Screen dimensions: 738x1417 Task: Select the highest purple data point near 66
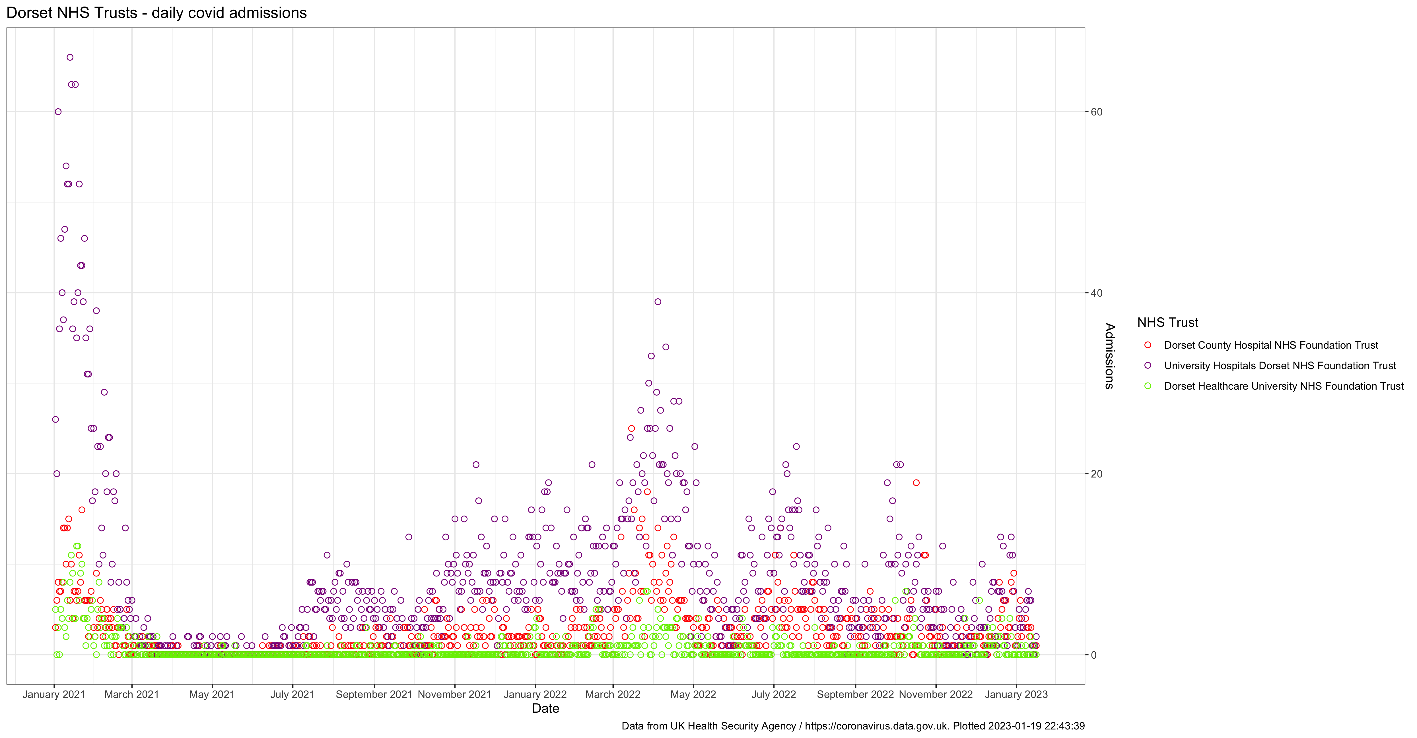[x=70, y=57]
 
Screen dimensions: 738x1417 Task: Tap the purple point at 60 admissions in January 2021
[x=58, y=112]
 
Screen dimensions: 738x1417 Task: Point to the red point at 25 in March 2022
[x=631, y=428]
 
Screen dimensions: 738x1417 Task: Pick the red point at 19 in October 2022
[x=916, y=483]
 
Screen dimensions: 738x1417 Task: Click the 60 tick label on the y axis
[x=1096, y=112]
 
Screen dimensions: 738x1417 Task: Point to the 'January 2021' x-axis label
[x=54, y=694]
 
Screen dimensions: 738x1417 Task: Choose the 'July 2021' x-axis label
[x=292, y=694]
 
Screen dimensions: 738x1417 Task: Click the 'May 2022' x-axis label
[x=693, y=694]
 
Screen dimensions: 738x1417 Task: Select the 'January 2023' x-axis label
[x=1016, y=694]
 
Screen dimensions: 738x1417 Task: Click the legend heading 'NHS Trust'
[x=1167, y=322]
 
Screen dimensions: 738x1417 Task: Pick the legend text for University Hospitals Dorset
[x=1280, y=366]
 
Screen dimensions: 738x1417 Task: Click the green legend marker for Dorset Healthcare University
[x=1148, y=386]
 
